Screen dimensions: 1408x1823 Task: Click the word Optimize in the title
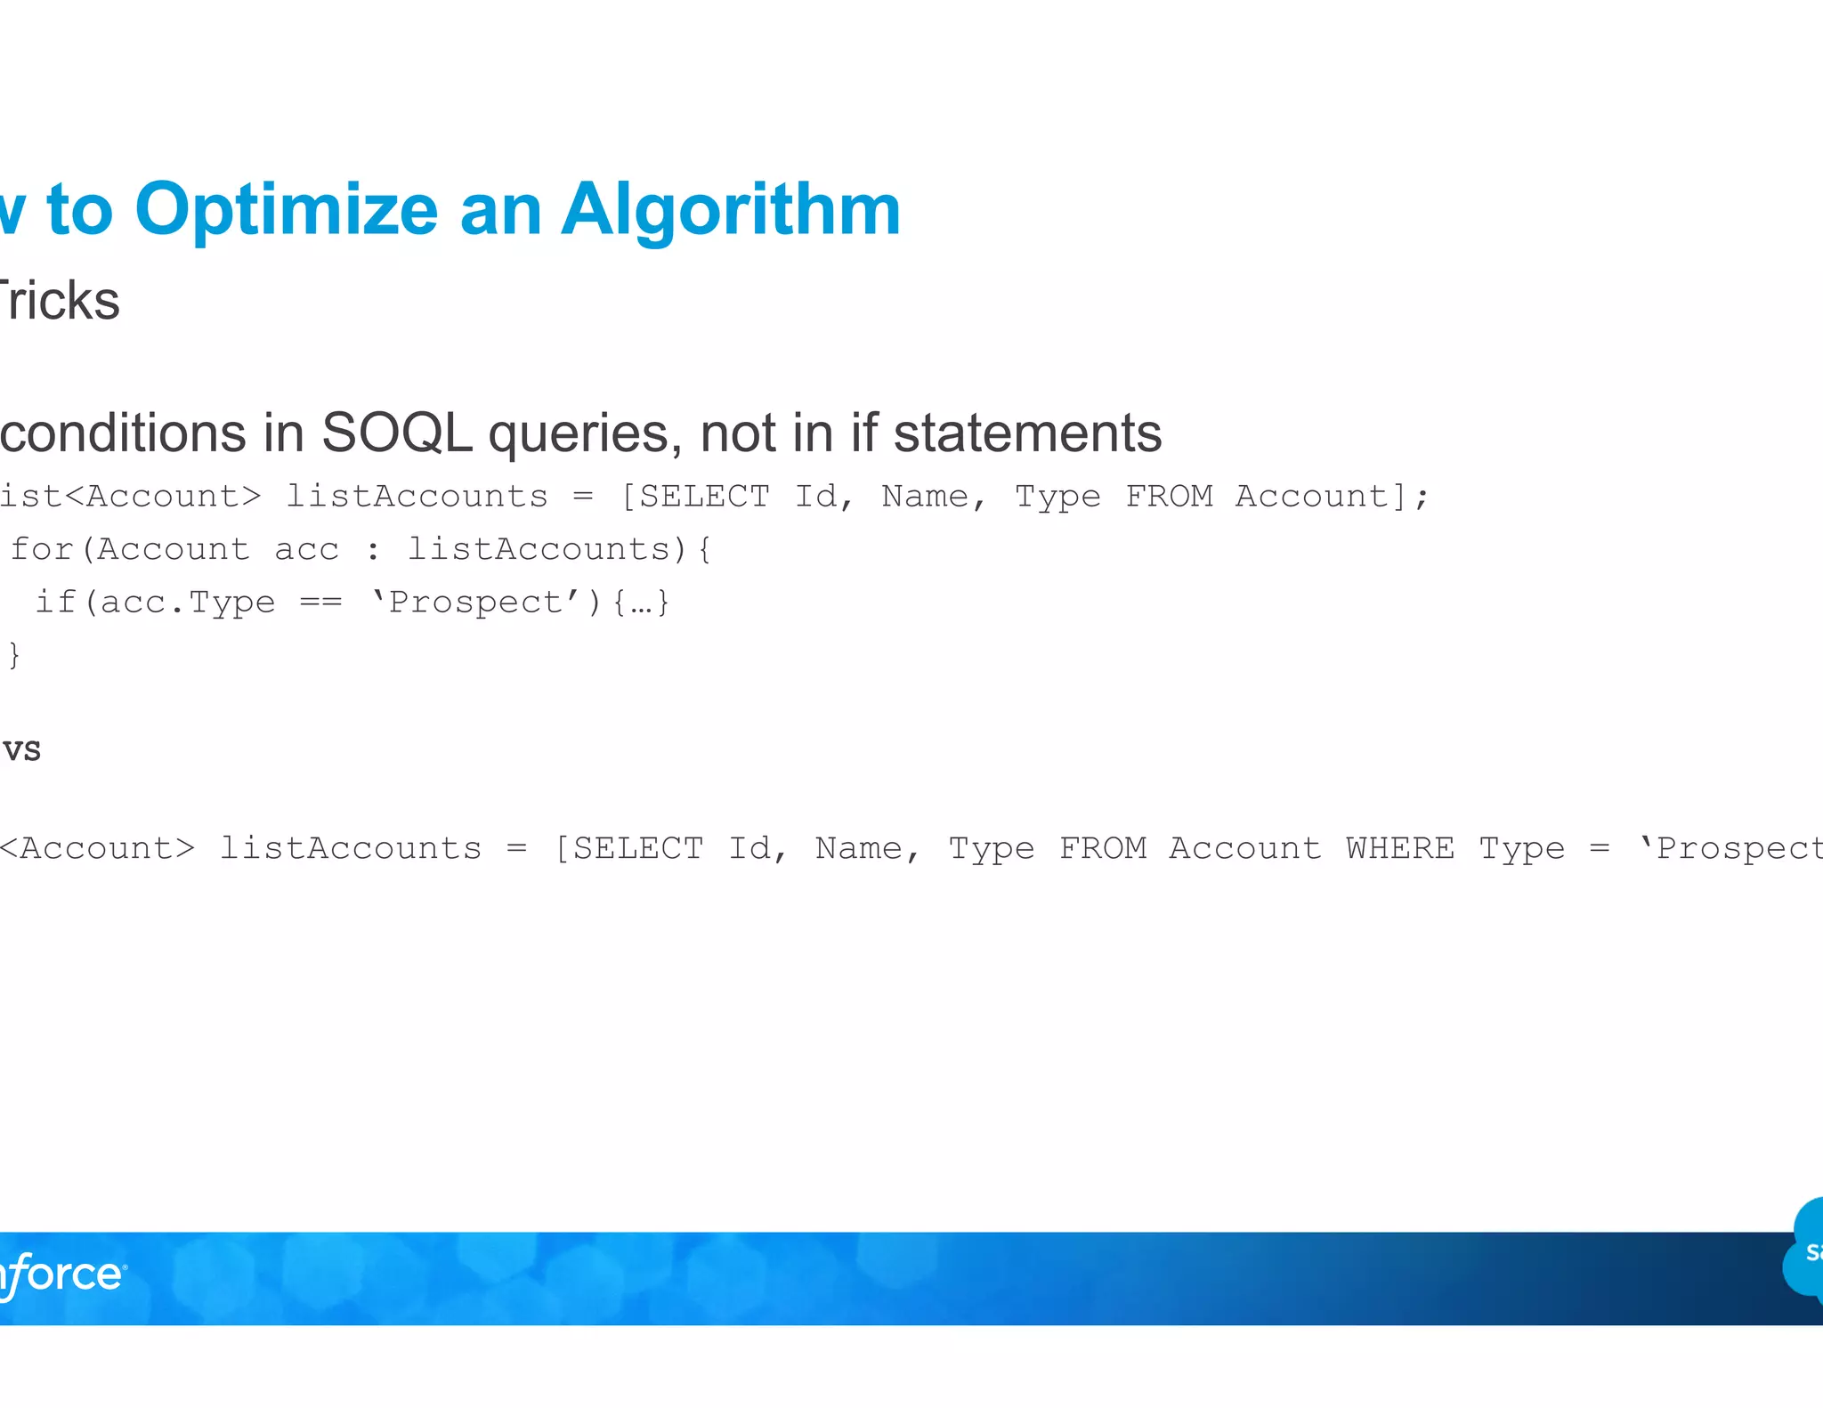pyautogui.click(x=286, y=211)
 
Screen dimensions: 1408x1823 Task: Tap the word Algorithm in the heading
pyautogui.click(x=731, y=211)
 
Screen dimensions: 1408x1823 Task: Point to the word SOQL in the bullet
pyautogui.click(x=396, y=433)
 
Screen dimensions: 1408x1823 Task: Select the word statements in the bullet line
pyautogui.click(x=1027, y=433)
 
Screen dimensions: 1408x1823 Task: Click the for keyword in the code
pyautogui.click(x=42, y=549)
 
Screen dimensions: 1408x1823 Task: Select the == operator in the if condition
pyautogui.click(x=320, y=603)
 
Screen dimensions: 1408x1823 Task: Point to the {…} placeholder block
pyautogui.click(x=641, y=603)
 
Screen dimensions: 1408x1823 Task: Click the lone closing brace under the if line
pyautogui.click(x=13, y=655)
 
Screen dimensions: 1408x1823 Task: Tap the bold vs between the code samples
pyautogui.click(x=21, y=749)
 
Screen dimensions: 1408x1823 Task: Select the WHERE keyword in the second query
pyautogui.click(x=1400, y=848)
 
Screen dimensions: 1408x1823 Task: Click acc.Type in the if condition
pyautogui.click(x=188, y=603)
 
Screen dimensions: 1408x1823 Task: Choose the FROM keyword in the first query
pyautogui.click(x=1169, y=496)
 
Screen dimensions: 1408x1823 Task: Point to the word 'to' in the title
pyautogui.click(x=80, y=211)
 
